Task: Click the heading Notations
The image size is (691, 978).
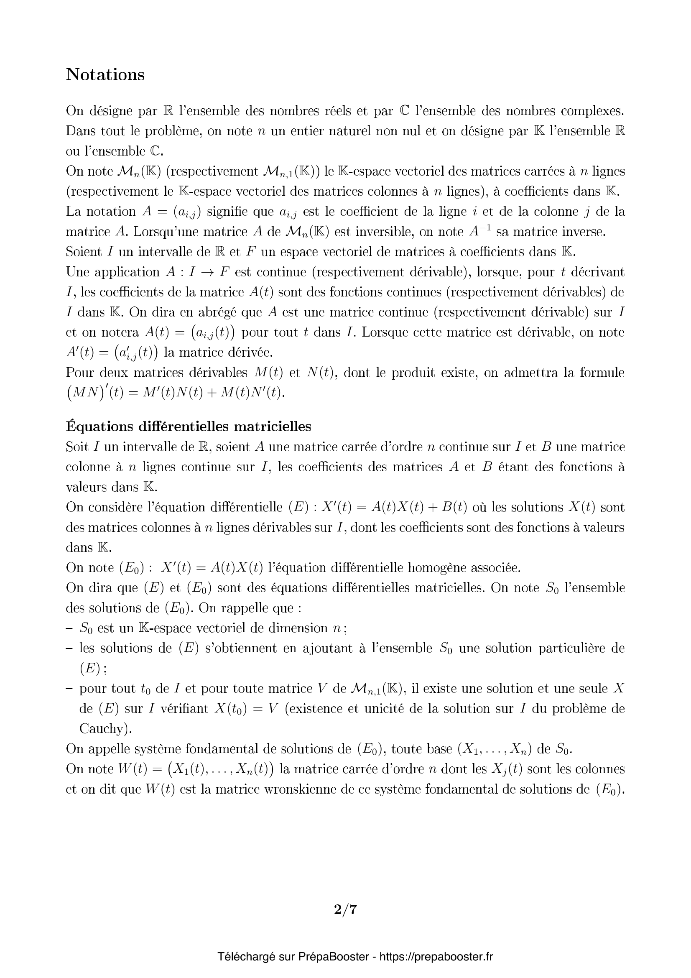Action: [x=105, y=74]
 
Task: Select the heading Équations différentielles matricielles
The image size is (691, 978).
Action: [x=188, y=426]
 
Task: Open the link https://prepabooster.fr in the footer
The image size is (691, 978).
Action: [x=436, y=957]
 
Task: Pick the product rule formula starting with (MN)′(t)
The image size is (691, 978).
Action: [x=175, y=392]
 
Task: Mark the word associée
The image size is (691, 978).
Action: [x=494, y=568]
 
